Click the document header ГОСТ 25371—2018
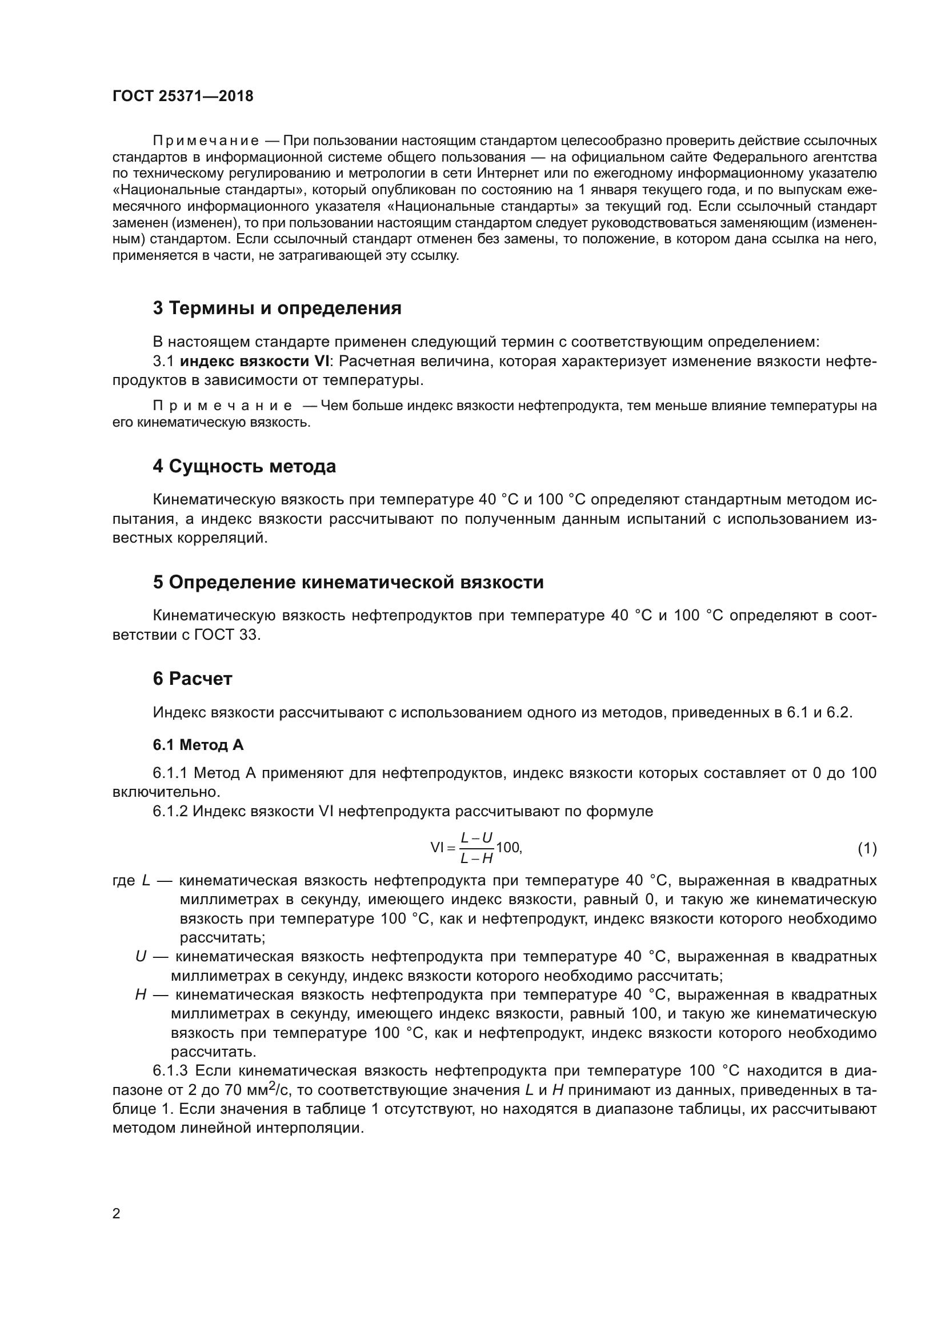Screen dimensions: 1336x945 click(183, 97)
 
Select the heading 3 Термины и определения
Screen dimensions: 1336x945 click(277, 308)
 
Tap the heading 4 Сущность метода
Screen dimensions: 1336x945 click(245, 466)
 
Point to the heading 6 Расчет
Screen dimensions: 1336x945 click(193, 679)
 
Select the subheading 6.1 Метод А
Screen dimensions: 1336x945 click(198, 745)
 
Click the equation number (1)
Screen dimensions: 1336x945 click(867, 849)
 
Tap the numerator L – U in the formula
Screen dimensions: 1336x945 click(476, 838)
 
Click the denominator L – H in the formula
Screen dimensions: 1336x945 click(476, 858)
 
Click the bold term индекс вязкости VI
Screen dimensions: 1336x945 click(254, 362)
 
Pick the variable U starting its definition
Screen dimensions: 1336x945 click(141, 957)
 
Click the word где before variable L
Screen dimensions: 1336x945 click(123, 881)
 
